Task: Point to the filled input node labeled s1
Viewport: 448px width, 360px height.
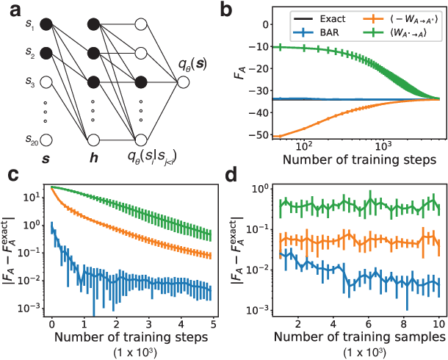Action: (46, 26)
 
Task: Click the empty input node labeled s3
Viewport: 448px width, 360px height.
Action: (46, 82)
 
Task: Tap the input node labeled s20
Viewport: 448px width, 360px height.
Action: (46, 138)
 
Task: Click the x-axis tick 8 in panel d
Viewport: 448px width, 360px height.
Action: (403, 324)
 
